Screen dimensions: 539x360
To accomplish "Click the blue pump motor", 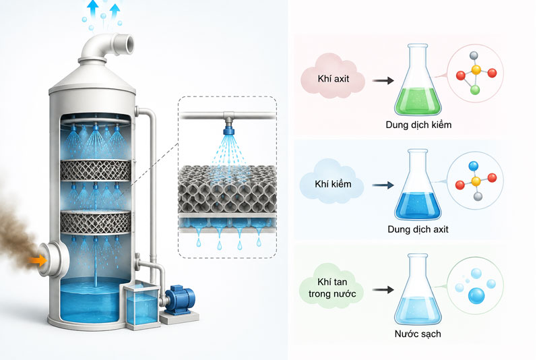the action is point(178,299).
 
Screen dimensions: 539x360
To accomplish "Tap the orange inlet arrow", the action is point(38,260).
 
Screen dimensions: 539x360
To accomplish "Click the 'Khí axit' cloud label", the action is point(333,78).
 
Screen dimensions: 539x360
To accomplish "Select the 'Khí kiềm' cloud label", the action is point(332,183).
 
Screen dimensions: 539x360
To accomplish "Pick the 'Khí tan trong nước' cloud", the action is point(331,288).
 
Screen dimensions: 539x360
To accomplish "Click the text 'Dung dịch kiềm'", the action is point(418,125).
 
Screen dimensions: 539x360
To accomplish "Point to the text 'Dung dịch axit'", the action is point(418,229).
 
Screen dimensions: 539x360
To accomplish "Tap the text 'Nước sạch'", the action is point(418,334).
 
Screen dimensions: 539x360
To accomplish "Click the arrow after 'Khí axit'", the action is point(383,80).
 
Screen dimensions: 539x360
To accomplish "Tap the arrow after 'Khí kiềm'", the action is point(383,185).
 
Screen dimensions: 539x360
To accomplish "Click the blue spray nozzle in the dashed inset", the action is point(228,130).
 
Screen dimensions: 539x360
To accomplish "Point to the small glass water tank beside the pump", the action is point(141,305).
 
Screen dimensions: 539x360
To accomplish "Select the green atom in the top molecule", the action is point(475,90).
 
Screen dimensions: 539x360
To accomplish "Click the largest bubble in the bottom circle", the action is point(476,296).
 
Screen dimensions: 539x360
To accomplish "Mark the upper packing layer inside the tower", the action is point(96,170).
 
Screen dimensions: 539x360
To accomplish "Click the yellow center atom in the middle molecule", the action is point(476,181).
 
